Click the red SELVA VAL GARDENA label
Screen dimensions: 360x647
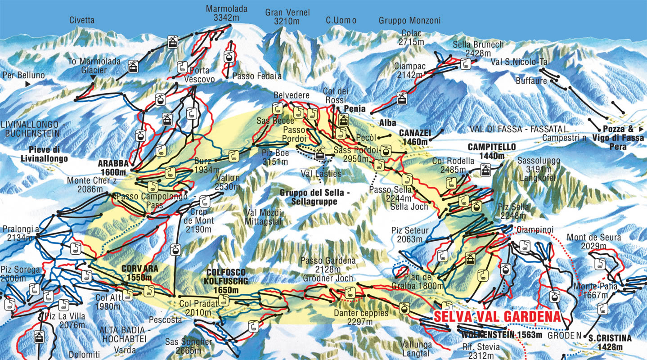498,316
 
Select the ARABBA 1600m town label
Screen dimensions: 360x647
114,167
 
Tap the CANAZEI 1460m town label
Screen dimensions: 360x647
414,137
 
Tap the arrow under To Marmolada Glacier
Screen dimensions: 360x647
93,78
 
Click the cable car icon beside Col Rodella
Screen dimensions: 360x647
485,170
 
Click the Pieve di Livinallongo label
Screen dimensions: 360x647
44,154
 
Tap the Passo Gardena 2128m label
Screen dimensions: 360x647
328,265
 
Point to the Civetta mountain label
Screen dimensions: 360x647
82,20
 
